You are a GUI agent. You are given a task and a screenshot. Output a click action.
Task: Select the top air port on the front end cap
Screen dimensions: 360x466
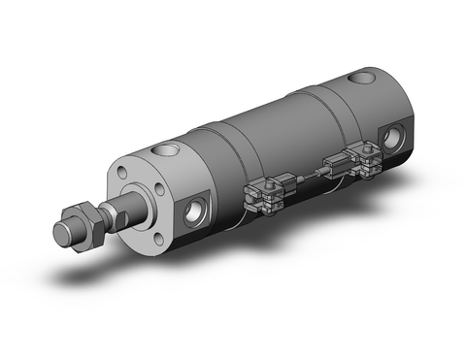point(162,150)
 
